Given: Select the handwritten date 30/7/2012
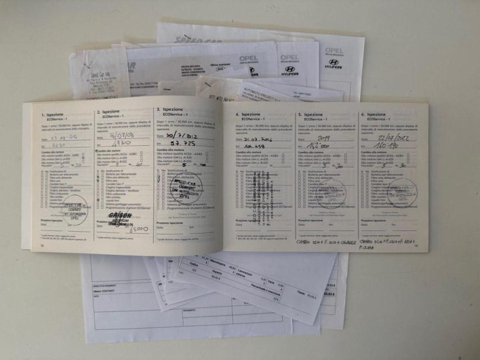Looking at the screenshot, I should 175,135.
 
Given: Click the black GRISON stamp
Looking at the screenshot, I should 120,217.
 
